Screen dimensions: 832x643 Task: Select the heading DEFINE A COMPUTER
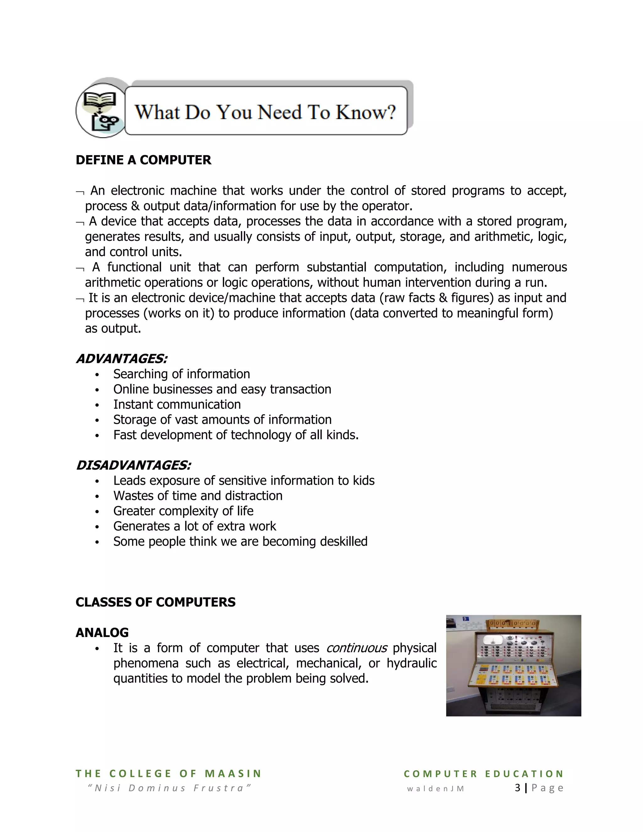(143, 160)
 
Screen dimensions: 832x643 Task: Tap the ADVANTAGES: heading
(122, 359)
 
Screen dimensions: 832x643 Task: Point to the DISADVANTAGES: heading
(133, 465)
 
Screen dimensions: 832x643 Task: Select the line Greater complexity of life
(183, 511)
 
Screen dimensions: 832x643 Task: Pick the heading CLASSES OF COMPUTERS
(155, 602)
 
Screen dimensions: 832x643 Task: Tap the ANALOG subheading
(102, 632)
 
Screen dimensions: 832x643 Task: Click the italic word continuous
(357, 648)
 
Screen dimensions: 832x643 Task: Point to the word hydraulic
(411, 663)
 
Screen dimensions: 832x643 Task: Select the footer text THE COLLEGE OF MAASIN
(168, 774)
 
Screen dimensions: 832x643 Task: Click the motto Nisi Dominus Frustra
(169, 788)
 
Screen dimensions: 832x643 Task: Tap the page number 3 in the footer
(517, 788)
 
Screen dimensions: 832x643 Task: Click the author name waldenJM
(435, 789)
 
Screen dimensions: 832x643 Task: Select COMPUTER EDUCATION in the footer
(484, 774)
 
